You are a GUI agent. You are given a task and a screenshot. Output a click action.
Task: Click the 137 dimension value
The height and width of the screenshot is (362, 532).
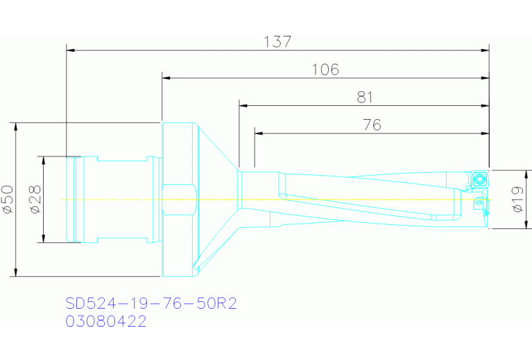point(277,42)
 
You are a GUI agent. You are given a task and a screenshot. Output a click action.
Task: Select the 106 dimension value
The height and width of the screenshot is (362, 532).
point(325,69)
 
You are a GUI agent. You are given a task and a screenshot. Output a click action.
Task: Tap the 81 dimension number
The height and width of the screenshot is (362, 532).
point(365,98)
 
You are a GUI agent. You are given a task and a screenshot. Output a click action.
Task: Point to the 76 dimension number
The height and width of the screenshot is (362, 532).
point(372,125)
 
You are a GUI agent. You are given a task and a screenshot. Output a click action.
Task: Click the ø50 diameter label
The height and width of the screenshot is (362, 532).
point(8,199)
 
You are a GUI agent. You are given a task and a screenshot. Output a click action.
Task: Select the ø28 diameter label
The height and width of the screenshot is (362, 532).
point(35,199)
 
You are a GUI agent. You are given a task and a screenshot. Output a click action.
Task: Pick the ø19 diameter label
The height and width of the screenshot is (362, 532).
point(517,199)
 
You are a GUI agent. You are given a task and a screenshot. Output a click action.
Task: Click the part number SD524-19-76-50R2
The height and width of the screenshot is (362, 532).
point(151,304)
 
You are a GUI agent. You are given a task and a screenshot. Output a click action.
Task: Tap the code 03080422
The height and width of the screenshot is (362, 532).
point(105,322)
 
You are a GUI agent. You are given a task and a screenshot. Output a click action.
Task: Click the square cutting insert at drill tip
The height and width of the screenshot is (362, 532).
point(479,179)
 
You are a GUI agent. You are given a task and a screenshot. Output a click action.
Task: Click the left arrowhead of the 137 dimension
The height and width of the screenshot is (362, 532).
point(70,50)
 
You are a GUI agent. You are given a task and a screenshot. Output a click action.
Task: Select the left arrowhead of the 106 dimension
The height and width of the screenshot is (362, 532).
point(166,78)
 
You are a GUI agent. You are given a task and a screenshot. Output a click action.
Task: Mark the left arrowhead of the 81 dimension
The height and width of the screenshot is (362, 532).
point(243,106)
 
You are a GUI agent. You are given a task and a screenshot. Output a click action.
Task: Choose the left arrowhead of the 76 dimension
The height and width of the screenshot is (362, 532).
point(258,133)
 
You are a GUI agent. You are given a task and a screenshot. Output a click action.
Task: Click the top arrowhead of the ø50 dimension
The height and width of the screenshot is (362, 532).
point(15,127)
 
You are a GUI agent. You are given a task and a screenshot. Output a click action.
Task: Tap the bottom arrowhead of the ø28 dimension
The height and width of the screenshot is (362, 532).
point(43,239)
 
